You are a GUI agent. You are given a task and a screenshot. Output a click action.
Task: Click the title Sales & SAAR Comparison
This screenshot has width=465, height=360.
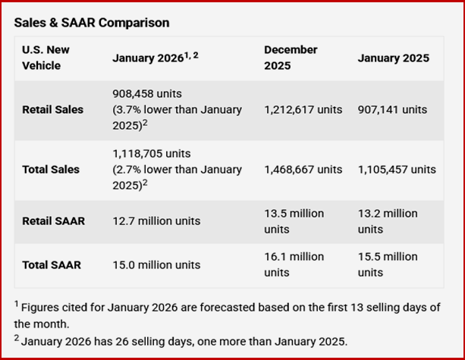click(x=92, y=23)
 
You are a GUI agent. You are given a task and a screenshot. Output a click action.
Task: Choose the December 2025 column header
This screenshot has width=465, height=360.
click(x=291, y=57)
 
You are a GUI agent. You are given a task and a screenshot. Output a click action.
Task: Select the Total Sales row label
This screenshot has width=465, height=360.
click(x=50, y=169)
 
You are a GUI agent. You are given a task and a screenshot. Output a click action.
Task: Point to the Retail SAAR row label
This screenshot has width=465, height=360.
click(x=53, y=221)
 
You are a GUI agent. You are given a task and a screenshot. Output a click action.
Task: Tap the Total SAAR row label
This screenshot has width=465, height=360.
click(x=52, y=265)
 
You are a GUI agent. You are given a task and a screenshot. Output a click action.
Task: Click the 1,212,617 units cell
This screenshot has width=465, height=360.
click(x=303, y=110)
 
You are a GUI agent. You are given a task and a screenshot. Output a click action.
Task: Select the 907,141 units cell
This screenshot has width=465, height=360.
click(x=392, y=110)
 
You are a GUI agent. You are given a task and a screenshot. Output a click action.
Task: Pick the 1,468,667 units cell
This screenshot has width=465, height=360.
click(x=303, y=169)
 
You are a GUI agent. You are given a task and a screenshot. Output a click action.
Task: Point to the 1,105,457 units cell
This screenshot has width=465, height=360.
click(x=397, y=169)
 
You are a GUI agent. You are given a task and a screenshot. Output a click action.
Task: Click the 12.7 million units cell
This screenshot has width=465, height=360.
click(x=156, y=221)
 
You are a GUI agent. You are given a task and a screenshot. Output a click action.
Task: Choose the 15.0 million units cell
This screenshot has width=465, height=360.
click(x=156, y=265)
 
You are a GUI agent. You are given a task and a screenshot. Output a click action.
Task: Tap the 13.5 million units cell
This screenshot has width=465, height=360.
click(x=294, y=221)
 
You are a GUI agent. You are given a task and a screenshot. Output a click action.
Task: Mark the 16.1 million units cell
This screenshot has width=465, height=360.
click(x=294, y=265)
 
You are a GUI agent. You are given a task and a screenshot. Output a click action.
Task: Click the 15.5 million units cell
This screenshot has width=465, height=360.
click(x=388, y=265)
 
